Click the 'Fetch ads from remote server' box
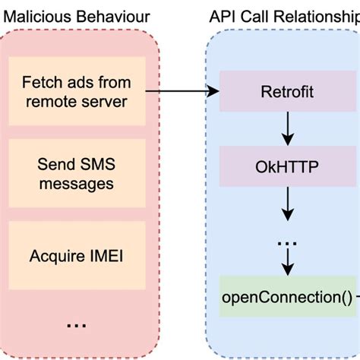point(75,92)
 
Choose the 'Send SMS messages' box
point(75,173)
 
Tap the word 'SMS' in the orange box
point(90,163)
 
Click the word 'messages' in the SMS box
point(75,183)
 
